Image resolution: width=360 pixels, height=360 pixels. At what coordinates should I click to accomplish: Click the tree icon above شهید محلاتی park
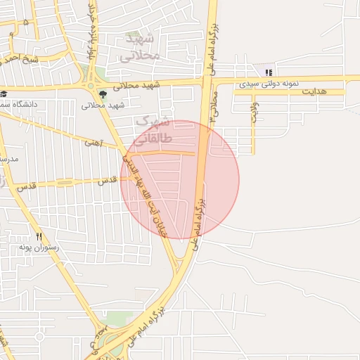coord(103,94)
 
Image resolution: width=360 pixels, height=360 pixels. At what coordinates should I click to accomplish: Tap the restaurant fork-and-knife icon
coord(39,237)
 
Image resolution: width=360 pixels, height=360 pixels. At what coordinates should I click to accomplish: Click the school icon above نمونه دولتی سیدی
coord(268,72)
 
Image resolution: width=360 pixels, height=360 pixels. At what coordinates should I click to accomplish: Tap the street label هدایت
coord(314,91)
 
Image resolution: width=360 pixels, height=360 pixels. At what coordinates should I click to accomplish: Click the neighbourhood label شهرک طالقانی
coord(150,130)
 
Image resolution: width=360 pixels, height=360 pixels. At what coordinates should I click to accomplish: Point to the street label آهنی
coord(94,143)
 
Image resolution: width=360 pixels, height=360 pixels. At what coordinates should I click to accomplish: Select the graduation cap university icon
coord(4,94)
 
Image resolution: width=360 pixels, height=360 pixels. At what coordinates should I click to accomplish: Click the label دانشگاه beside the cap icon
coord(21,104)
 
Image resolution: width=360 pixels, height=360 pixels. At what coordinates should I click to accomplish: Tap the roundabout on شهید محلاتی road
coord(90,86)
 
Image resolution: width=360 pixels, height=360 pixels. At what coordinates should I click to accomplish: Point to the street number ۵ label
coord(26,22)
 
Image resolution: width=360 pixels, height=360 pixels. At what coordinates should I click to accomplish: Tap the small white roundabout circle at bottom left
coord(39,337)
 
